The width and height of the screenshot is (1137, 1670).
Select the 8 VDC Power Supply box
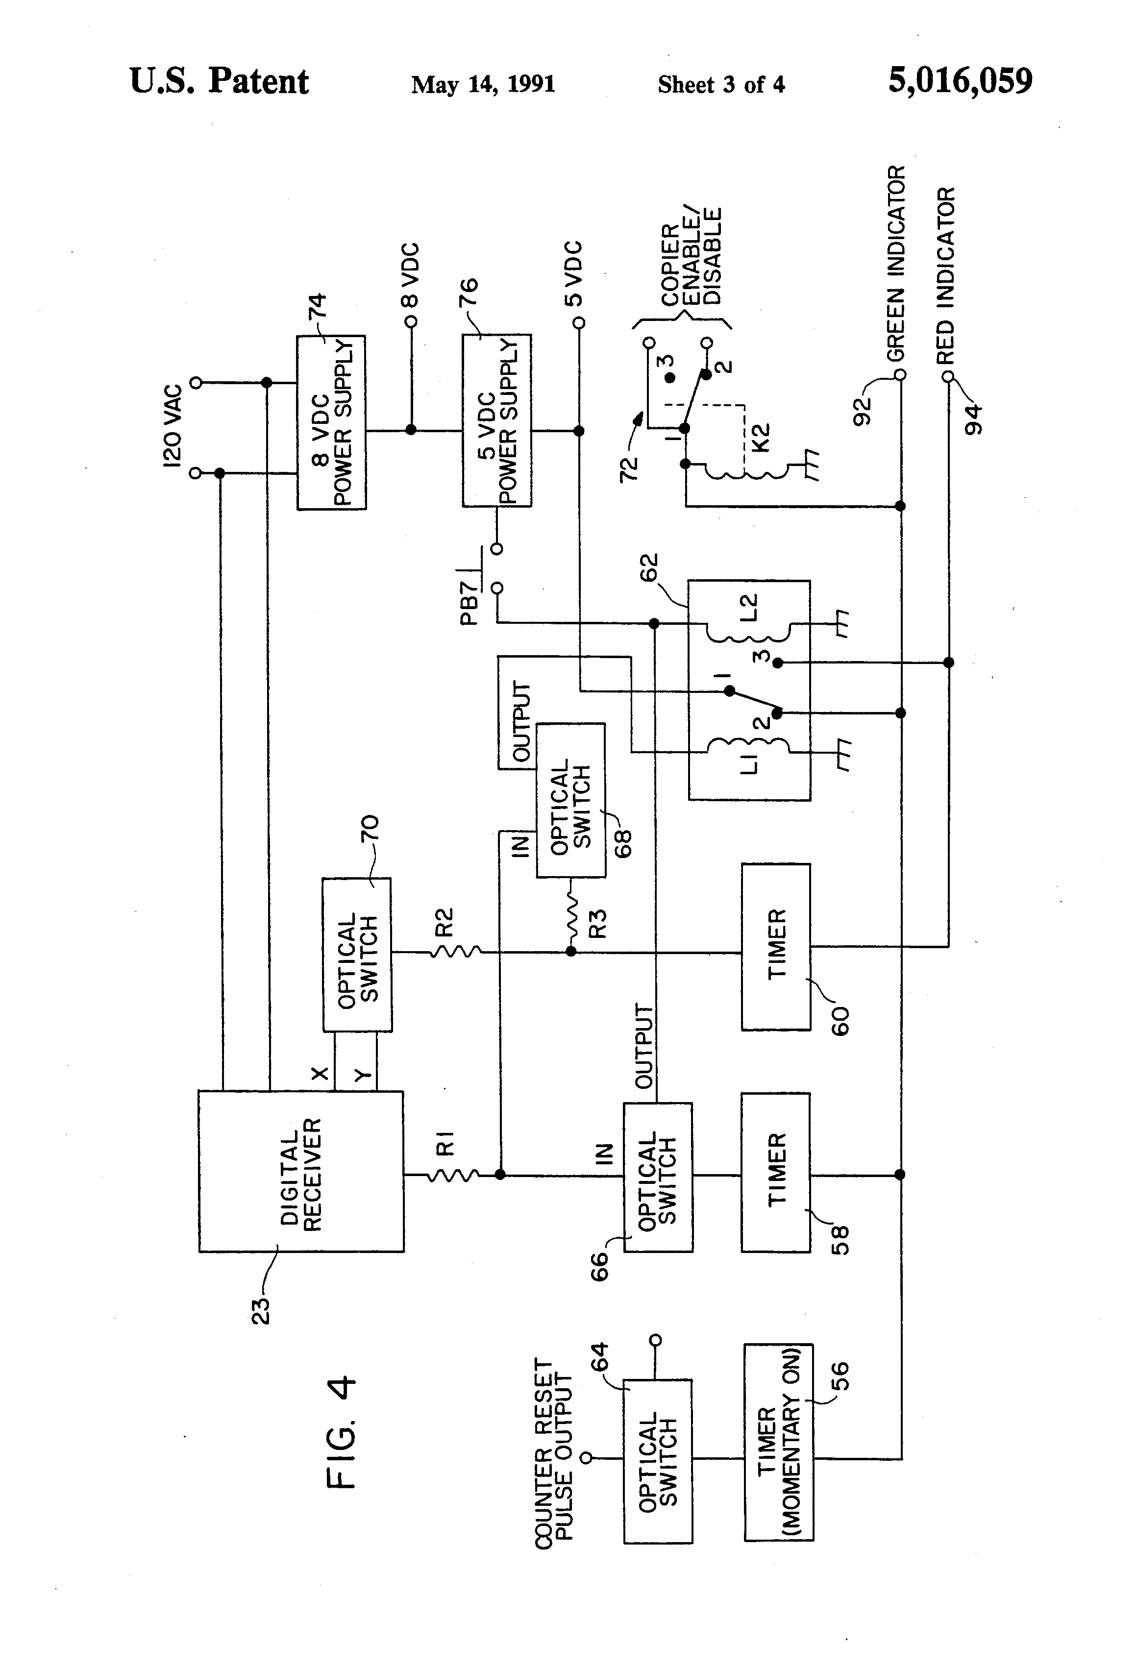[x=331, y=422]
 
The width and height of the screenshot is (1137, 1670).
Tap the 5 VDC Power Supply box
[x=496, y=421]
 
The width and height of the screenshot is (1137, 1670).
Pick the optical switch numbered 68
[x=570, y=800]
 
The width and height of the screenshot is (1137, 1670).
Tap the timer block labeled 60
[x=776, y=946]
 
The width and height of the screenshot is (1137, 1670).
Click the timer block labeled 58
[x=776, y=1173]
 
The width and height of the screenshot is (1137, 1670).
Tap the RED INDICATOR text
[x=946, y=275]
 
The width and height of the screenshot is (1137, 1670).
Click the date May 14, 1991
[x=483, y=85]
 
